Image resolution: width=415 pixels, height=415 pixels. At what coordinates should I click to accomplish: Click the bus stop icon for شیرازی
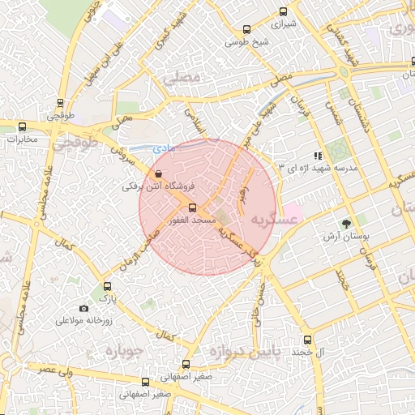point(283,11)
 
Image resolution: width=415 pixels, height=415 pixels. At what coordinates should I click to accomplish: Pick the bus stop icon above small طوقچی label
point(60,103)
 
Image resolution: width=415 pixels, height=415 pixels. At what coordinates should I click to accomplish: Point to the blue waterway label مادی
point(161,148)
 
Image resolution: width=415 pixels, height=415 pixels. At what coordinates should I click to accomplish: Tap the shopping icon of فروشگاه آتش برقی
point(157,173)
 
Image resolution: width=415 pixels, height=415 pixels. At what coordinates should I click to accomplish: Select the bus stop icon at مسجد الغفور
point(192,207)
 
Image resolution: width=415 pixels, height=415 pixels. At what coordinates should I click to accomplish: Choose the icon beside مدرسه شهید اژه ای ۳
point(319,155)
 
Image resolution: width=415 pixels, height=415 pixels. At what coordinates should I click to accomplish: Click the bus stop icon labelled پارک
point(108,286)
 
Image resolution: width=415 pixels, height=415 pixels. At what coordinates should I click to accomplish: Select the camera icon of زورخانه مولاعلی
point(84,308)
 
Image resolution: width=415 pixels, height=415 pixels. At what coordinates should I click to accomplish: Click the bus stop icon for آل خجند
point(306,340)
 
